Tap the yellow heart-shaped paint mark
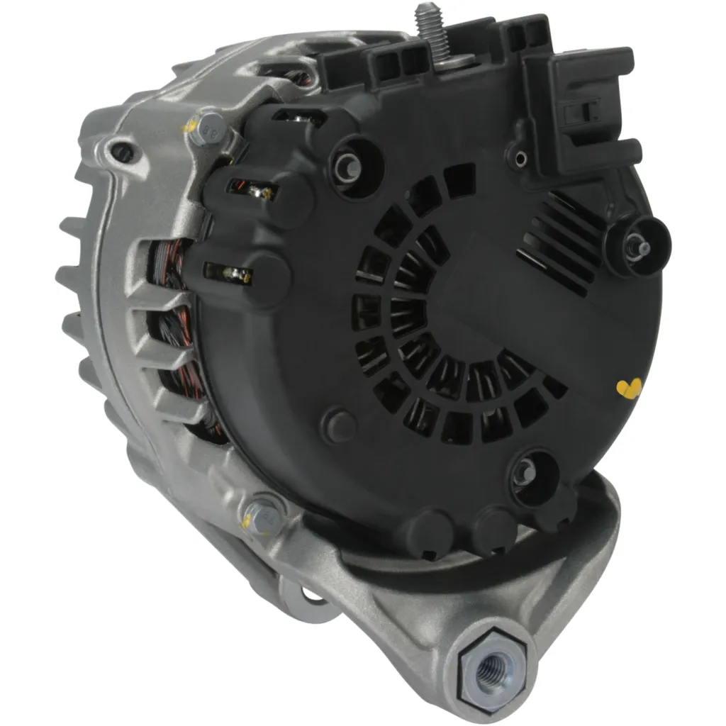628,387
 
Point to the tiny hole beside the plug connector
521,157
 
